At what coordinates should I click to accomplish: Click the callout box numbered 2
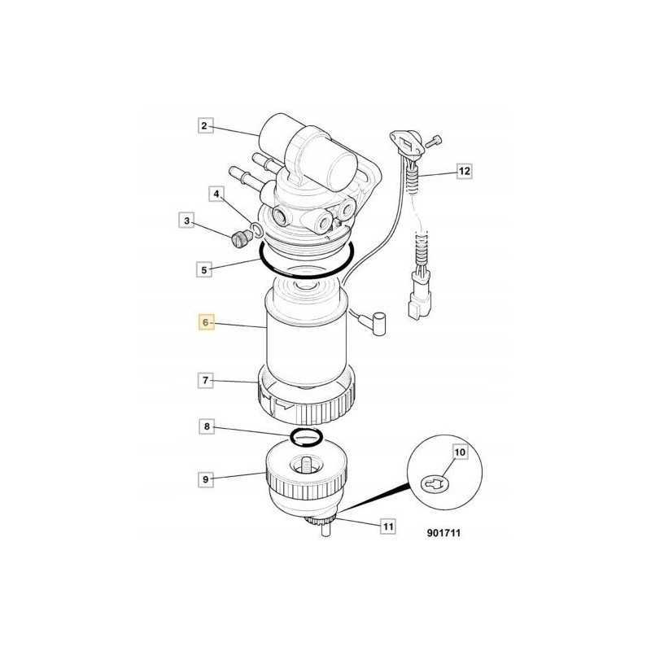[x=205, y=126]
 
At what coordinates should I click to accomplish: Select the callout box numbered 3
[x=186, y=221]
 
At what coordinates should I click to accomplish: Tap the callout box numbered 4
[x=216, y=194]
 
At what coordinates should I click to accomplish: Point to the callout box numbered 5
[x=205, y=267]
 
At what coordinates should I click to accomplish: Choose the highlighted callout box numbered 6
[x=206, y=323]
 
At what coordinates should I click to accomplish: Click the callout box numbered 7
[x=205, y=379]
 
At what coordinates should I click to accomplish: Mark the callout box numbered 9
[x=205, y=479]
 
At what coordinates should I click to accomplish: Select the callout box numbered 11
[x=388, y=527]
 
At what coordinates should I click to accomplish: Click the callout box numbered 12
[x=464, y=172]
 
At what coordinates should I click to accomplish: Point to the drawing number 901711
[x=448, y=535]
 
